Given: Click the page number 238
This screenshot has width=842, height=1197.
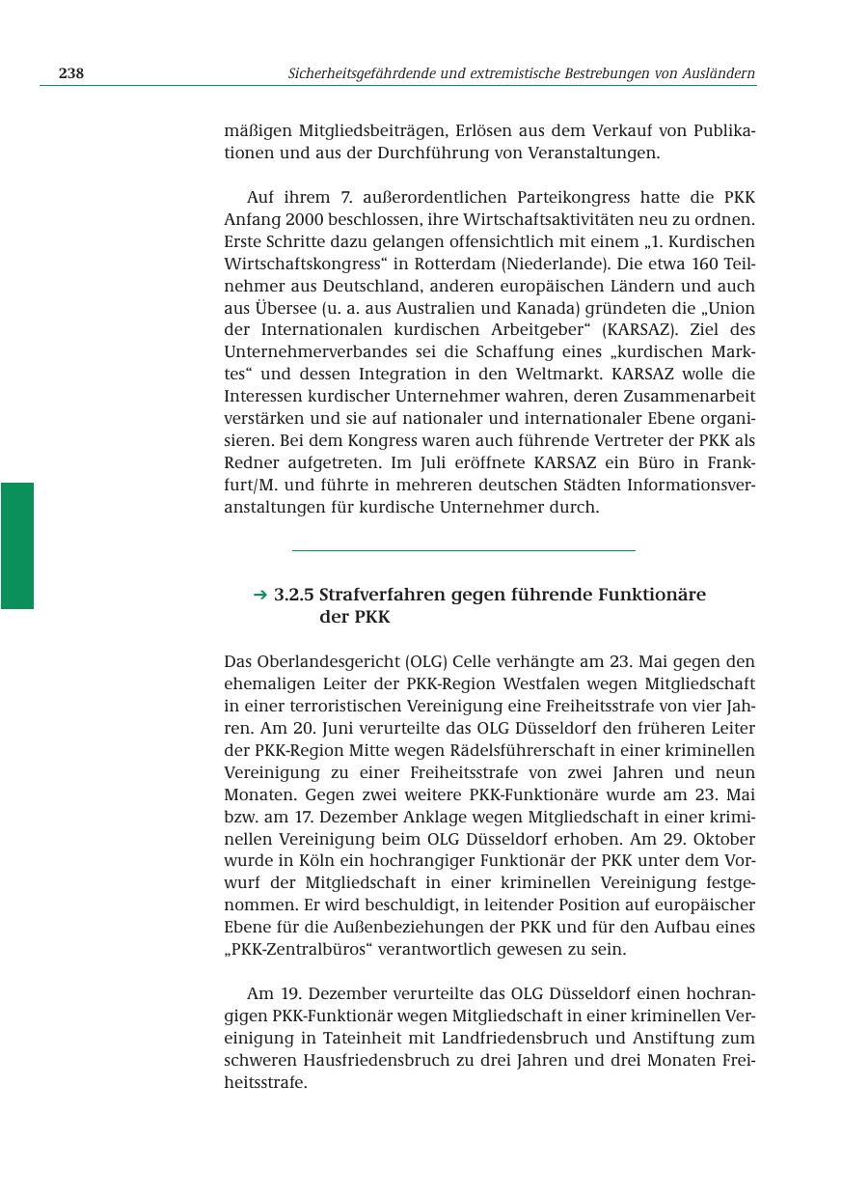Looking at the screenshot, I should tap(71, 73).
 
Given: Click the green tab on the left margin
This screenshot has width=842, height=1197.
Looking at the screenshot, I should tap(16, 545).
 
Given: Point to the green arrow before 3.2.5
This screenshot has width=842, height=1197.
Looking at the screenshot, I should tap(259, 596).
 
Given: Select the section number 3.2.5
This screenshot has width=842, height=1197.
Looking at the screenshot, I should tap(294, 596).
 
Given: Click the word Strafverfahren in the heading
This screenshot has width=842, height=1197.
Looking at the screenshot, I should tap(382, 596).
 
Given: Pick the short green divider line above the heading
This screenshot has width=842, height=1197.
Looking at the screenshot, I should tap(463, 550).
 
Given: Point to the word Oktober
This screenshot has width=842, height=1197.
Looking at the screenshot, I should tap(723, 839).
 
